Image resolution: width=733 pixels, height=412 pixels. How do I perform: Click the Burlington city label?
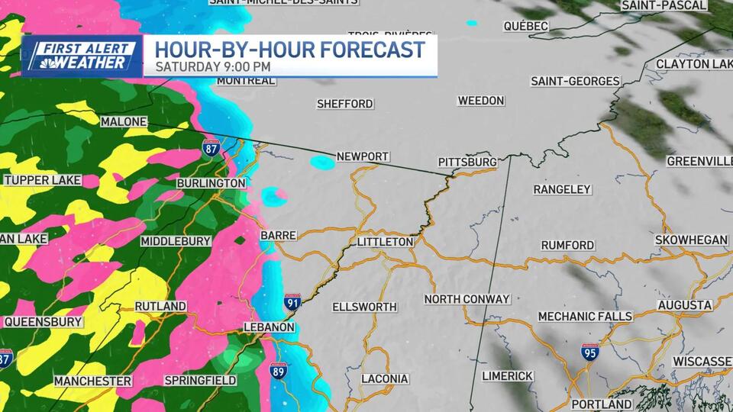211,184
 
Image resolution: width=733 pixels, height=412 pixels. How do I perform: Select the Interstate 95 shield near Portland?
589,352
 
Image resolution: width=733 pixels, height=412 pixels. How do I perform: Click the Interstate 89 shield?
279,372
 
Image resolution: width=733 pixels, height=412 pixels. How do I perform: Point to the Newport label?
363,156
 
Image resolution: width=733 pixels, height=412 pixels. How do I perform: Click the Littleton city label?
385,242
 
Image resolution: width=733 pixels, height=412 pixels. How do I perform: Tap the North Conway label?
467,299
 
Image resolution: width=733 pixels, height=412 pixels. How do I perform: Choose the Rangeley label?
562,189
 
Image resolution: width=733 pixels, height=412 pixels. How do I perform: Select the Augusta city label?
684,305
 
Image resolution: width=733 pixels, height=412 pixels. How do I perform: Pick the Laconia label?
385,379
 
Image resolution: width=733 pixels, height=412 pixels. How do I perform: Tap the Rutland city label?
160,307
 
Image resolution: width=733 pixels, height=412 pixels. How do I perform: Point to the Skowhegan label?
691,240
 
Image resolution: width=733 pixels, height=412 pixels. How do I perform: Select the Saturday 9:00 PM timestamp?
213,66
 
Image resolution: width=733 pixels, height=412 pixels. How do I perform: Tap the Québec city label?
526,27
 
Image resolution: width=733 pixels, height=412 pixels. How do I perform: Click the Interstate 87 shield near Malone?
212,147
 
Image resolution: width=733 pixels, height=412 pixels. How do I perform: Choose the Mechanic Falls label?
585,317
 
